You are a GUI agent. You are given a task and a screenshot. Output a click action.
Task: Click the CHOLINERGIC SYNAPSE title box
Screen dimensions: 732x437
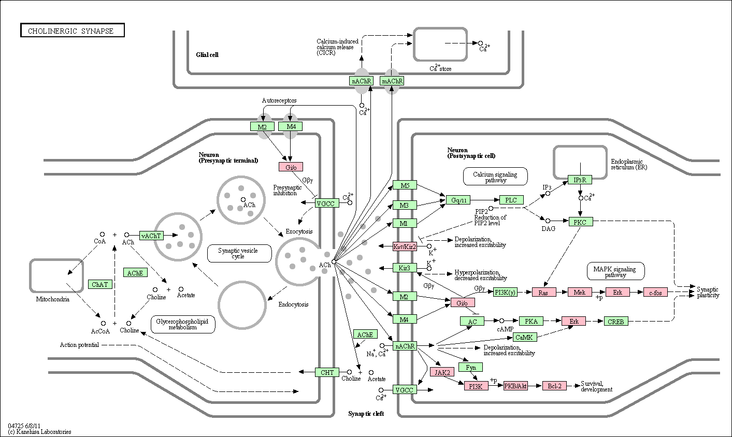(72, 30)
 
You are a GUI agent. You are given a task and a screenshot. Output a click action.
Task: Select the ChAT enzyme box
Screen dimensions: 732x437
(100, 284)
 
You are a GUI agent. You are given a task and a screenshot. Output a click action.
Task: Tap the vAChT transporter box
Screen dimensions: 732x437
(151, 236)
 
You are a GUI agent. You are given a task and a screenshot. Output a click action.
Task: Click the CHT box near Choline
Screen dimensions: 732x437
(327, 372)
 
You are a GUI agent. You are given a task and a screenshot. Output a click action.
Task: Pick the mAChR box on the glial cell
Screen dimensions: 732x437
(392, 81)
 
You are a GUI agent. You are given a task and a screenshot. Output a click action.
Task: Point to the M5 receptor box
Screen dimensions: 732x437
(405, 185)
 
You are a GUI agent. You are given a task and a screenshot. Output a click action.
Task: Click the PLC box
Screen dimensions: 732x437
(511, 199)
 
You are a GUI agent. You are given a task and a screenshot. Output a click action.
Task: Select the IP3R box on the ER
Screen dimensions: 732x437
(580, 180)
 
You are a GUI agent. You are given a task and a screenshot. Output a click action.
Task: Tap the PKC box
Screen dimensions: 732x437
(581, 222)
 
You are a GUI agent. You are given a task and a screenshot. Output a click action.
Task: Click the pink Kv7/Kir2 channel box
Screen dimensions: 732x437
(405, 246)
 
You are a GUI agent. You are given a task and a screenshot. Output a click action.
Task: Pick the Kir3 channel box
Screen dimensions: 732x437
(405, 268)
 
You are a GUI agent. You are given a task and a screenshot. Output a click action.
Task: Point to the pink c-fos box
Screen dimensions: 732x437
(655, 292)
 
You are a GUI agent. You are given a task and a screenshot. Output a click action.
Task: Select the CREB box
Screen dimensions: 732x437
(616, 321)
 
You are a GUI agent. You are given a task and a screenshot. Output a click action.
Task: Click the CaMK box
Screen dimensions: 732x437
(524, 337)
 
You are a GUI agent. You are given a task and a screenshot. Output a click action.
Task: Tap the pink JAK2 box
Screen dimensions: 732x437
(442, 372)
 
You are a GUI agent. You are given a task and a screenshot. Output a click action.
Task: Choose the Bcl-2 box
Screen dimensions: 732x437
(554, 385)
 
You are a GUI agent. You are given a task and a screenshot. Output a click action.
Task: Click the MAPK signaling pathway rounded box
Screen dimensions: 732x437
(615, 271)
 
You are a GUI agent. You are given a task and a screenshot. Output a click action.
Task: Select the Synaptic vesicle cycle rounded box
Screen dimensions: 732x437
(239, 253)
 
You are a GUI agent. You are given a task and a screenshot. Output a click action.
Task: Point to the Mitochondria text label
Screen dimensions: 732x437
(53, 299)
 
